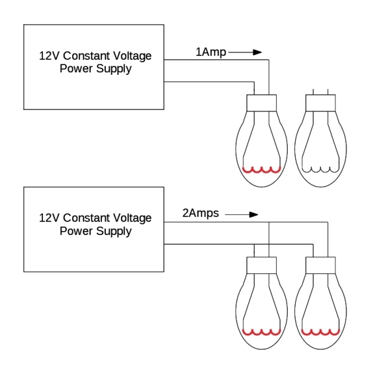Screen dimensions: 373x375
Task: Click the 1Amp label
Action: point(211,52)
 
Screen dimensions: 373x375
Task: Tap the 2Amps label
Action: point(200,213)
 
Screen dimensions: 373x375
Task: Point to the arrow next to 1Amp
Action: point(245,52)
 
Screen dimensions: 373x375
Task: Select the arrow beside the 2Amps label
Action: point(242,215)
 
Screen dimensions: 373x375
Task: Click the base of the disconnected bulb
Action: point(320,103)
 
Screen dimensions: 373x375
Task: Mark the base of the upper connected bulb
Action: point(261,103)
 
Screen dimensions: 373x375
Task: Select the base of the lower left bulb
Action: point(261,266)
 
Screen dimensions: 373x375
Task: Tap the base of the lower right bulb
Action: point(320,266)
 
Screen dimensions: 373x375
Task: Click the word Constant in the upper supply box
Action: point(86,56)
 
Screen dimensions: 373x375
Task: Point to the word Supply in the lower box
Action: point(114,231)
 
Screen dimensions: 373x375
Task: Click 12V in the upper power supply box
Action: point(49,56)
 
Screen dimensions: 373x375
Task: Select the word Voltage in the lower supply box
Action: point(132,219)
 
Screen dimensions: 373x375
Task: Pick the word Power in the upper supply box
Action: point(76,68)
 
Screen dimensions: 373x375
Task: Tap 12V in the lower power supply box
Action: point(49,218)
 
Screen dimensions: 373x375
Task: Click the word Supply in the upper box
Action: point(114,69)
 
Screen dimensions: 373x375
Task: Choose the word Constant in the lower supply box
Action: point(86,218)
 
